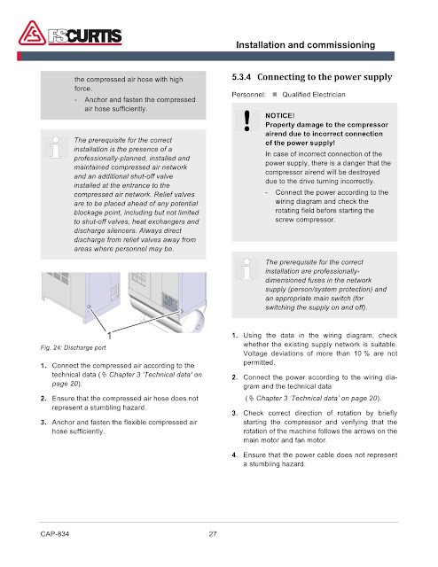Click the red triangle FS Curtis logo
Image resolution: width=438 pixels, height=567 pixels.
[x=32, y=34]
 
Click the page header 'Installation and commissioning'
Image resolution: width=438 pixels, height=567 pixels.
[x=306, y=45]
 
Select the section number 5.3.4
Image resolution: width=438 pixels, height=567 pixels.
[x=241, y=77]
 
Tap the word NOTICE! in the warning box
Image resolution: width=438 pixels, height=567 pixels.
[x=280, y=116]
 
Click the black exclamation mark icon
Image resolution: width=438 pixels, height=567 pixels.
[x=246, y=120]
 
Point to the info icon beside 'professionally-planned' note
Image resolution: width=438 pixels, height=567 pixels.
[x=55, y=147]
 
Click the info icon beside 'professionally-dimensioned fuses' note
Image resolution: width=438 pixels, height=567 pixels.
[x=246, y=269]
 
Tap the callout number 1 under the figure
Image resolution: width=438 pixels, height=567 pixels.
[x=109, y=335]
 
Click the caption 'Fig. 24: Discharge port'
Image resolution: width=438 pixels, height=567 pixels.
[x=73, y=348]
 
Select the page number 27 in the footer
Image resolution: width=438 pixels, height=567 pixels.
[x=213, y=533]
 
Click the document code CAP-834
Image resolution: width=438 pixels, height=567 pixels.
[x=55, y=533]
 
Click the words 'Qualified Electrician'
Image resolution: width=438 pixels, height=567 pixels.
[x=314, y=95]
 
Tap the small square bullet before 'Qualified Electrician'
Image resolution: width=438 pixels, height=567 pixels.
[x=275, y=95]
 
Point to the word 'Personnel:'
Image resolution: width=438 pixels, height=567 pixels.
[x=248, y=95]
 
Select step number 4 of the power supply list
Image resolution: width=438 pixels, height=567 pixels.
[x=235, y=455]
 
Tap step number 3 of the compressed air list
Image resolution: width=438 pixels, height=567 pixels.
[x=43, y=423]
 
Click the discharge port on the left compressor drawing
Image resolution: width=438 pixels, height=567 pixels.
[x=90, y=307]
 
